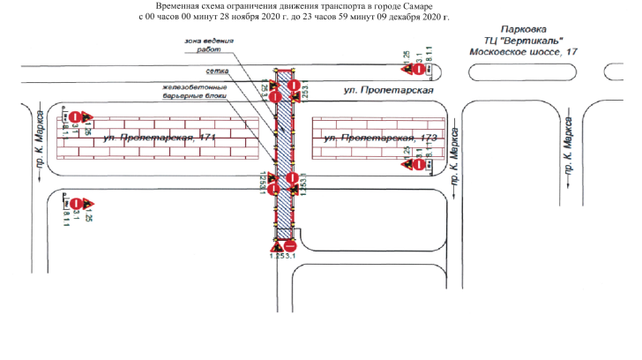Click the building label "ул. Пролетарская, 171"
159,139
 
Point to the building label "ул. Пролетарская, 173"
380,139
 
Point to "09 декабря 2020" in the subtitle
413,17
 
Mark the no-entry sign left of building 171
77,116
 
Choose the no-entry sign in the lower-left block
77,202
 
